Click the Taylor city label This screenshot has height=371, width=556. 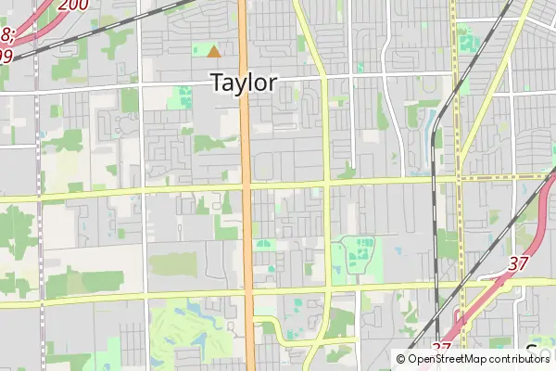coord(244,83)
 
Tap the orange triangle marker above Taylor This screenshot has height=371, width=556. coord(214,52)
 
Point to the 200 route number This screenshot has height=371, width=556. coord(73,5)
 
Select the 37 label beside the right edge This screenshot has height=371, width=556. coord(518,263)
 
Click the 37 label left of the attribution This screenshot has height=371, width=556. coord(441,346)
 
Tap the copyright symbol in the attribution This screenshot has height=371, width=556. coord(400,358)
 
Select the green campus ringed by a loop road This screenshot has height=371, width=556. coord(358,255)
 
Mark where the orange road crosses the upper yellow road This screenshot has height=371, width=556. coord(246,187)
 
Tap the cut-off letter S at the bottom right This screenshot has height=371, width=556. coord(532,352)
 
